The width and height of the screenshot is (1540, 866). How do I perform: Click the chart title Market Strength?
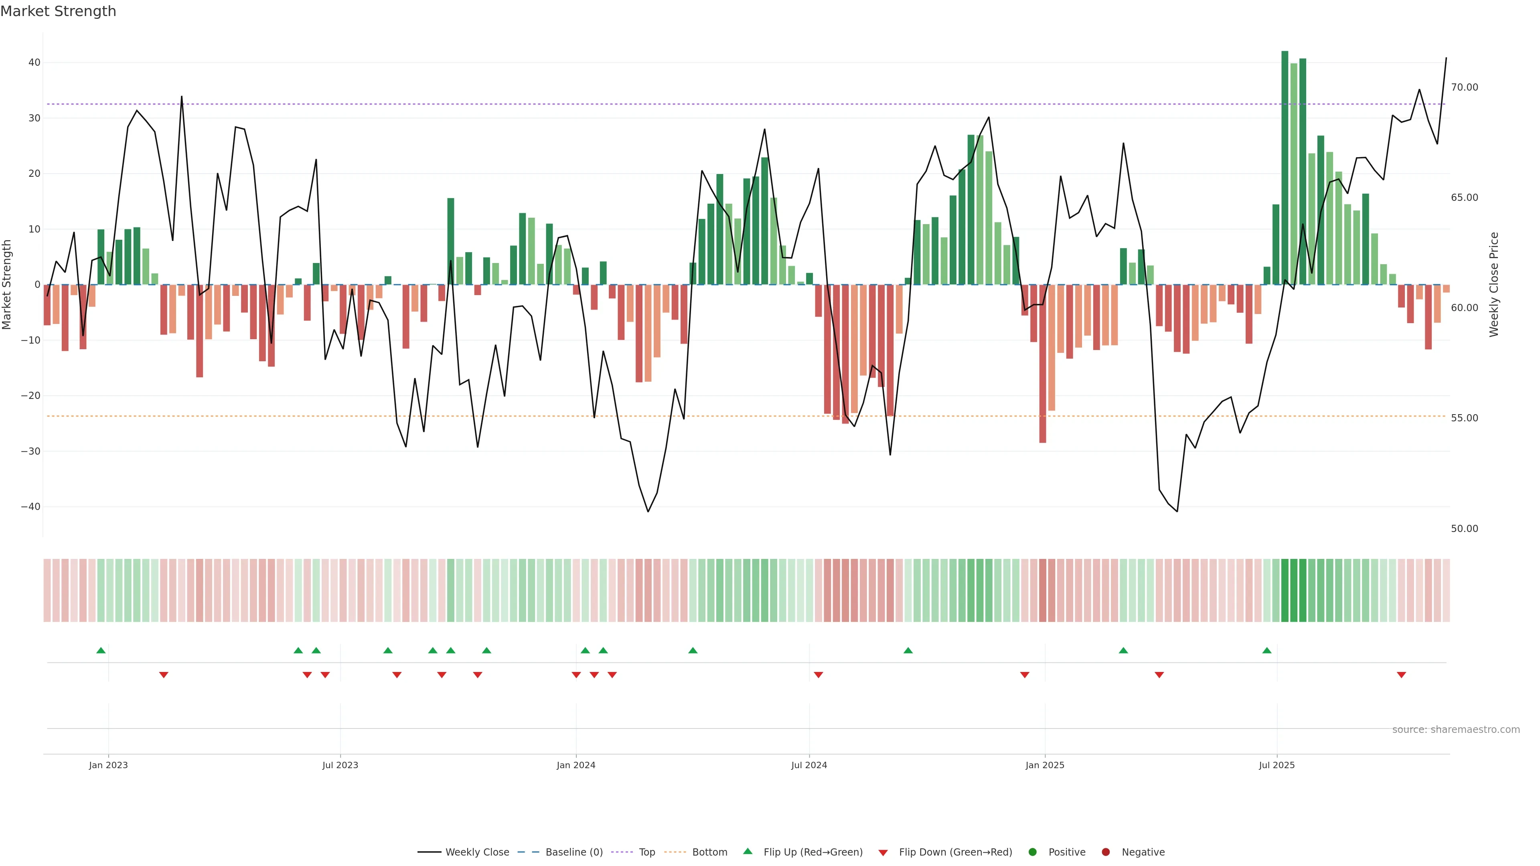pyautogui.click(x=58, y=11)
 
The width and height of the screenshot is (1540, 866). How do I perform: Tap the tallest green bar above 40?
pyautogui.click(x=1285, y=167)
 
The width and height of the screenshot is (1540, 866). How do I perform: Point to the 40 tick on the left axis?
pyautogui.click(x=34, y=63)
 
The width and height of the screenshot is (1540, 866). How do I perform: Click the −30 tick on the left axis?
pyautogui.click(x=30, y=451)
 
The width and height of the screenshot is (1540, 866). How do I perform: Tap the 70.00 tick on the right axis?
pyautogui.click(x=1464, y=87)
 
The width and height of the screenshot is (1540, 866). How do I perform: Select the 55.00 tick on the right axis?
pyautogui.click(x=1464, y=418)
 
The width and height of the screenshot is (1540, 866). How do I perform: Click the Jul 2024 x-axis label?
pyautogui.click(x=809, y=765)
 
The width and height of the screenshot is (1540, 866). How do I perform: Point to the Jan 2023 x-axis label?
pyautogui.click(x=108, y=765)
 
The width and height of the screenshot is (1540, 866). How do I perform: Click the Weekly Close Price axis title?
pyautogui.click(x=1494, y=285)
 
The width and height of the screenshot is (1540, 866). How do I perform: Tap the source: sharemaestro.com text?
pyautogui.click(x=1456, y=730)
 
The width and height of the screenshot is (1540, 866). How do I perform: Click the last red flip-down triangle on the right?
pyautogui.click(x=1401, y=675)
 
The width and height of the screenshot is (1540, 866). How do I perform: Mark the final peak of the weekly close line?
pyautogui.click(x=1446, y=58)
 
